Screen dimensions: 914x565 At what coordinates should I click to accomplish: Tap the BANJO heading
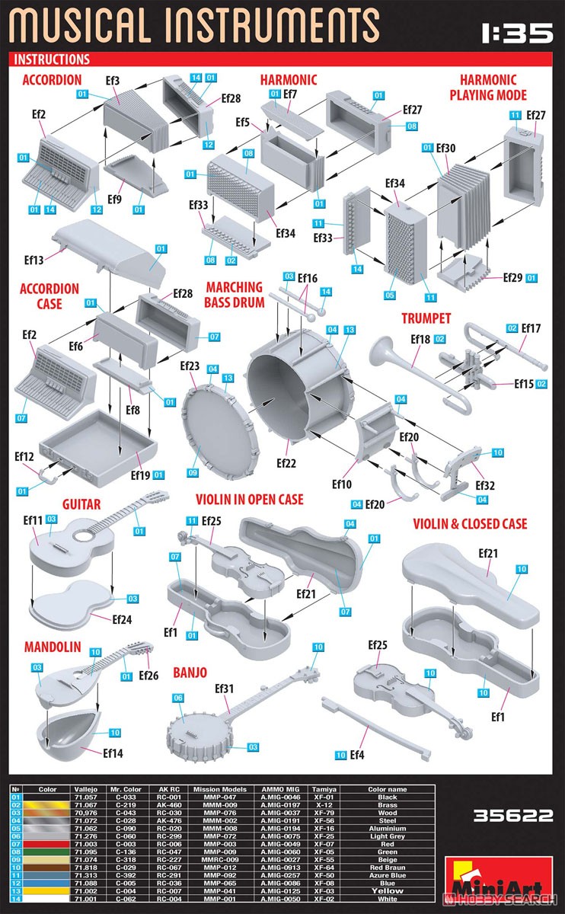190,673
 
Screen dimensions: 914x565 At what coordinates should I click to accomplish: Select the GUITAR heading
81,504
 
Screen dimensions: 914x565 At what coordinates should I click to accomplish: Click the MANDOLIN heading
53,647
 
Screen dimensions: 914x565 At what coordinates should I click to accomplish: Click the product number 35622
512,816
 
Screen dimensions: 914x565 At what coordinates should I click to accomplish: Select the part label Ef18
420,339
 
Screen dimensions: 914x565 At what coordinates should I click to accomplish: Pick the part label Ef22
286,462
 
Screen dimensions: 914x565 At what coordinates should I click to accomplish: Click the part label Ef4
356,754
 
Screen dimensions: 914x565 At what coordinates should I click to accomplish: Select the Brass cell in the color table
387,804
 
